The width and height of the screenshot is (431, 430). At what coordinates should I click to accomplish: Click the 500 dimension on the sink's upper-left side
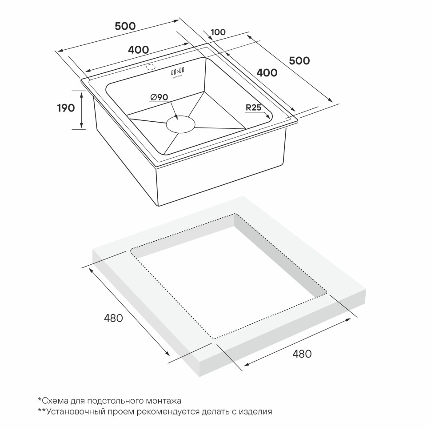125,26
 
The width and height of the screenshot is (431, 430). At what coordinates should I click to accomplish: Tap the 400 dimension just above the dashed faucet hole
139,50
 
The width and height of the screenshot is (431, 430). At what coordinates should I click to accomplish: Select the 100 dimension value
218,32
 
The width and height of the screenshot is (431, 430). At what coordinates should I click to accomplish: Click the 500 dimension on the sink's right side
299,61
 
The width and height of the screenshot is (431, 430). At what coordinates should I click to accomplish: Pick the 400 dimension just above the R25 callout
267,73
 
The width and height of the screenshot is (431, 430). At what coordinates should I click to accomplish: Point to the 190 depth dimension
66,108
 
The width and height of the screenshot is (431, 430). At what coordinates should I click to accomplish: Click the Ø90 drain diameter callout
159,97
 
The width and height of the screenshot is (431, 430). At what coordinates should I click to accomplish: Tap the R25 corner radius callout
253,107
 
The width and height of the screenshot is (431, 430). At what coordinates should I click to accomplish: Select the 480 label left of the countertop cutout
113,318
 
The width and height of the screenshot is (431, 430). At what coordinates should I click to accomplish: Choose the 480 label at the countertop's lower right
302,354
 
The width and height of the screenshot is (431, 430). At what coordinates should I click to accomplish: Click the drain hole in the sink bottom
180,125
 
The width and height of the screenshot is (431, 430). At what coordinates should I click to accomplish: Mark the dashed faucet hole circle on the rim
150,68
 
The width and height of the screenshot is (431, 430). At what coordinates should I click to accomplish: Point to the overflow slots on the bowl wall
178,71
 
